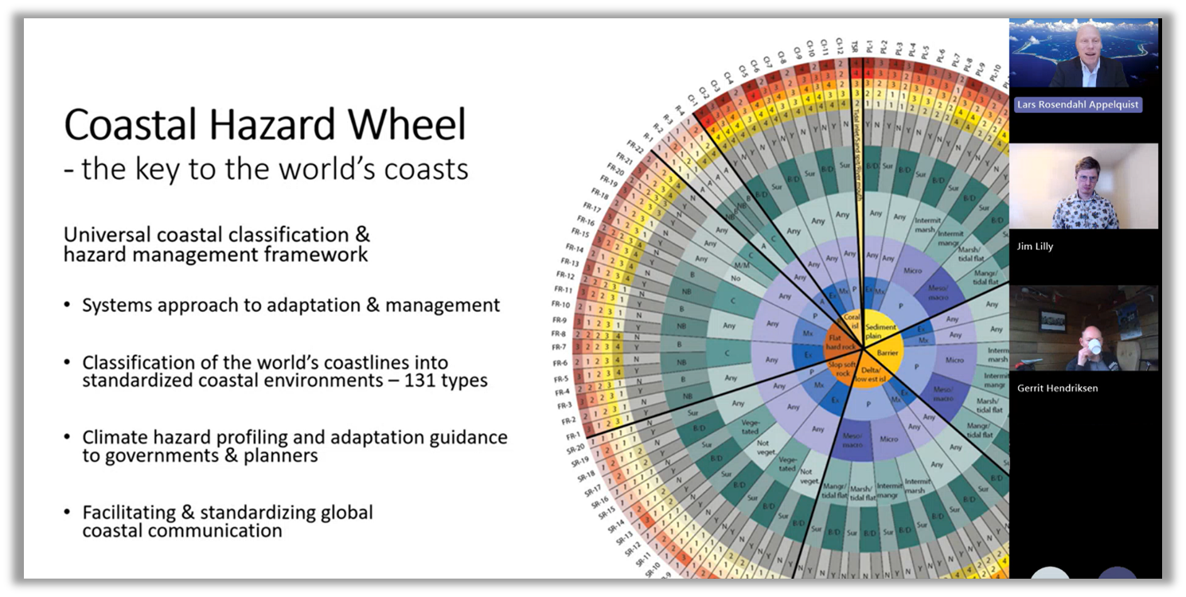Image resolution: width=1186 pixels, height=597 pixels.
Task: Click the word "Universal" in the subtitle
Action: [x=108, y=235]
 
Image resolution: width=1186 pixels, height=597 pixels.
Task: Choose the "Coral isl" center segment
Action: [x=853, y=322]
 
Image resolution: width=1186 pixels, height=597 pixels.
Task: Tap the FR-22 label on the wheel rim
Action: [x=635, y=146]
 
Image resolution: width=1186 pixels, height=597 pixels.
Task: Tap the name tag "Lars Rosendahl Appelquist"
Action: [x=1077, y=105]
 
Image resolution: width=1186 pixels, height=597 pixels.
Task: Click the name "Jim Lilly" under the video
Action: [x=1035, y=247]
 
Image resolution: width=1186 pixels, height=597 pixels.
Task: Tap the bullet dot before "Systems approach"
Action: [x=68, y=306]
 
